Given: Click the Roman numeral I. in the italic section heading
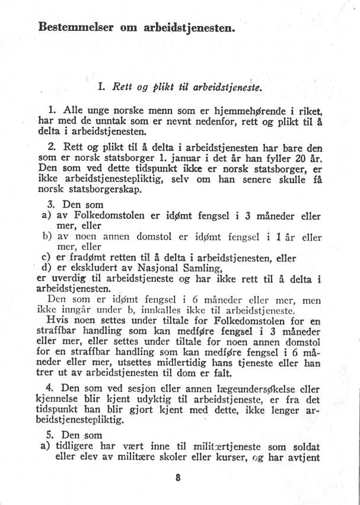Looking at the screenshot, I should (101, 87).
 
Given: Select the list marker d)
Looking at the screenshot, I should (43, 267).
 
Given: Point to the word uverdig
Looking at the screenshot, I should (62, 277).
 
